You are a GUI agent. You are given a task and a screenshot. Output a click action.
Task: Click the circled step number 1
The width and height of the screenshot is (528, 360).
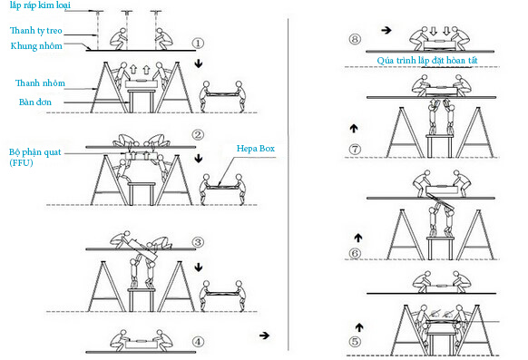(x=198, y=44)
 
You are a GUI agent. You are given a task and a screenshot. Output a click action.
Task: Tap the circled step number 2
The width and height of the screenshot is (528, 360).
(x=198, y=135)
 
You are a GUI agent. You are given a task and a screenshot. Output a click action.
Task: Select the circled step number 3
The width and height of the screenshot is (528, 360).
(x=198, y=242)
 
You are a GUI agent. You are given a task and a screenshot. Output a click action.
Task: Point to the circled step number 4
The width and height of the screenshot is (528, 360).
(x=198, y=342)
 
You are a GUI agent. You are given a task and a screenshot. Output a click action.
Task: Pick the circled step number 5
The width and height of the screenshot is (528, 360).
(x=355, y=342)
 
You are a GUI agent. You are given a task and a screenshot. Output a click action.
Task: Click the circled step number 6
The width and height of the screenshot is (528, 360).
(x=355, y=253)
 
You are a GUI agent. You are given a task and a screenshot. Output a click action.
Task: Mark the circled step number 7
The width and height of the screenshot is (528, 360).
(x=355, y=149)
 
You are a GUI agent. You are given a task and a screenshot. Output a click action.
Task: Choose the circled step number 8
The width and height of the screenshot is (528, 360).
(x=355, y=39)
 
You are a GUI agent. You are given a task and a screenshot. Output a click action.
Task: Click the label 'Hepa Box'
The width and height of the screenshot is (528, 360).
(x=256, y=149)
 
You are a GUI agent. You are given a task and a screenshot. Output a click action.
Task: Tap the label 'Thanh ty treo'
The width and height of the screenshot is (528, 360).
(x=36, y=31)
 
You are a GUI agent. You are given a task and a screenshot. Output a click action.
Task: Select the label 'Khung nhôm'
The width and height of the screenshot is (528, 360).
(x=36, y=46)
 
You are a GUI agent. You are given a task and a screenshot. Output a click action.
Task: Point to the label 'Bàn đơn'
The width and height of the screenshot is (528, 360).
(x=35, y=102)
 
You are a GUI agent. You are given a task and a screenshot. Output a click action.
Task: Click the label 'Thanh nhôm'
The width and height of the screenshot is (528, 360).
(x=40, y=83)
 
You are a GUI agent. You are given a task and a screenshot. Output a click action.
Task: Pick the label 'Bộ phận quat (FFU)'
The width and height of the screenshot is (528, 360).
(x=35, y=158)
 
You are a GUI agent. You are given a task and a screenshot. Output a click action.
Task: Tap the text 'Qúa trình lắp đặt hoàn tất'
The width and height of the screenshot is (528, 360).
(x=427, y=61)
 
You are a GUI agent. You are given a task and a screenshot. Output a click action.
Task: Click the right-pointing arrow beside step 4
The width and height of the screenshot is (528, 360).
(x=264, y=336)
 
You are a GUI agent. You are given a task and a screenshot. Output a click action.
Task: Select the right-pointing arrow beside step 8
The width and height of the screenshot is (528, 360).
(x=386, y=30)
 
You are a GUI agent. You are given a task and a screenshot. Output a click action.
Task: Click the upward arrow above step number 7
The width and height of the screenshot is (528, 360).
(x=354, y=128)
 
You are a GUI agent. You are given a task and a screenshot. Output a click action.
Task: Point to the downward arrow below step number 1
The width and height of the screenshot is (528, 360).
(x=199, y=63)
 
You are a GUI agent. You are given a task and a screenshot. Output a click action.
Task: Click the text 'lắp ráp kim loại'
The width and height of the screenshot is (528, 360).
(x=40, y=5)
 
